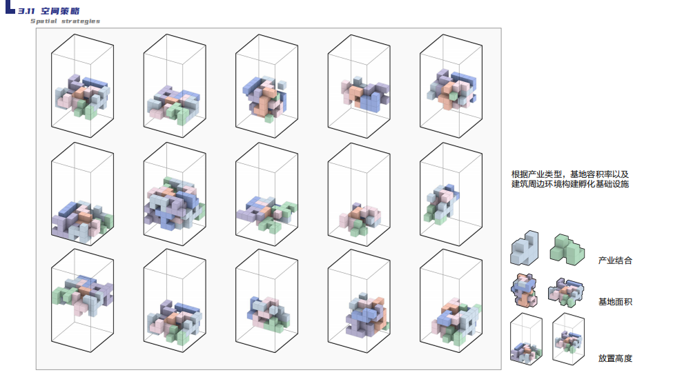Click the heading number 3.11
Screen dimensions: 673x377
[26, 11]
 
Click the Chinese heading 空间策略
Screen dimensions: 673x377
[60, 11]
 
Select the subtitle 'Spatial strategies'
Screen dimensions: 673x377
[66, 21]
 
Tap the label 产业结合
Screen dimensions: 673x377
[615, 261]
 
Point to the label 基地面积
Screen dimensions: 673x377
[615, 302]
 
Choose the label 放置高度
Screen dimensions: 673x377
[615, 358]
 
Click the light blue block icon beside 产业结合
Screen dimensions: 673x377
[525, 248]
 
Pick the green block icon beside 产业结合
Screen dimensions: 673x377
[567, 249]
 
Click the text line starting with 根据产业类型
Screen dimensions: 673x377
[570, 174]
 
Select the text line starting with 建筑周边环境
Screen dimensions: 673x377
[570, 184]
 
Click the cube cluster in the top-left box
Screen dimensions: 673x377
[82, 96]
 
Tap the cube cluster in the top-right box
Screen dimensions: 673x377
[452, 89]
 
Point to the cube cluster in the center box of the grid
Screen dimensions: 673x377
[266, 214]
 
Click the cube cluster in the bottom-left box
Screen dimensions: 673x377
[82, 295]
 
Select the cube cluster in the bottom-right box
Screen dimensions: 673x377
[455, 321]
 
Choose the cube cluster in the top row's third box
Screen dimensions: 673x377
[264, 99]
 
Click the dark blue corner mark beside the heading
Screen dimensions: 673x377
[10, 8]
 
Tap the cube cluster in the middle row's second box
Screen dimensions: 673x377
[174, 203]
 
